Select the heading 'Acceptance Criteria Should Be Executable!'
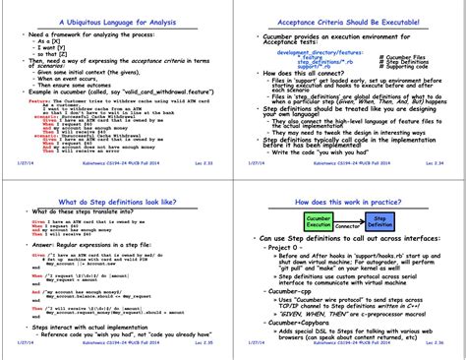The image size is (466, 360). pyautogui.click(x=348, y=20)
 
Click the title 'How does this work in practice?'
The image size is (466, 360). pyautogui.click(x=348, y=201)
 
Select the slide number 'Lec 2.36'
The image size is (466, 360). pyautogui.click(x=438, y=352)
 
